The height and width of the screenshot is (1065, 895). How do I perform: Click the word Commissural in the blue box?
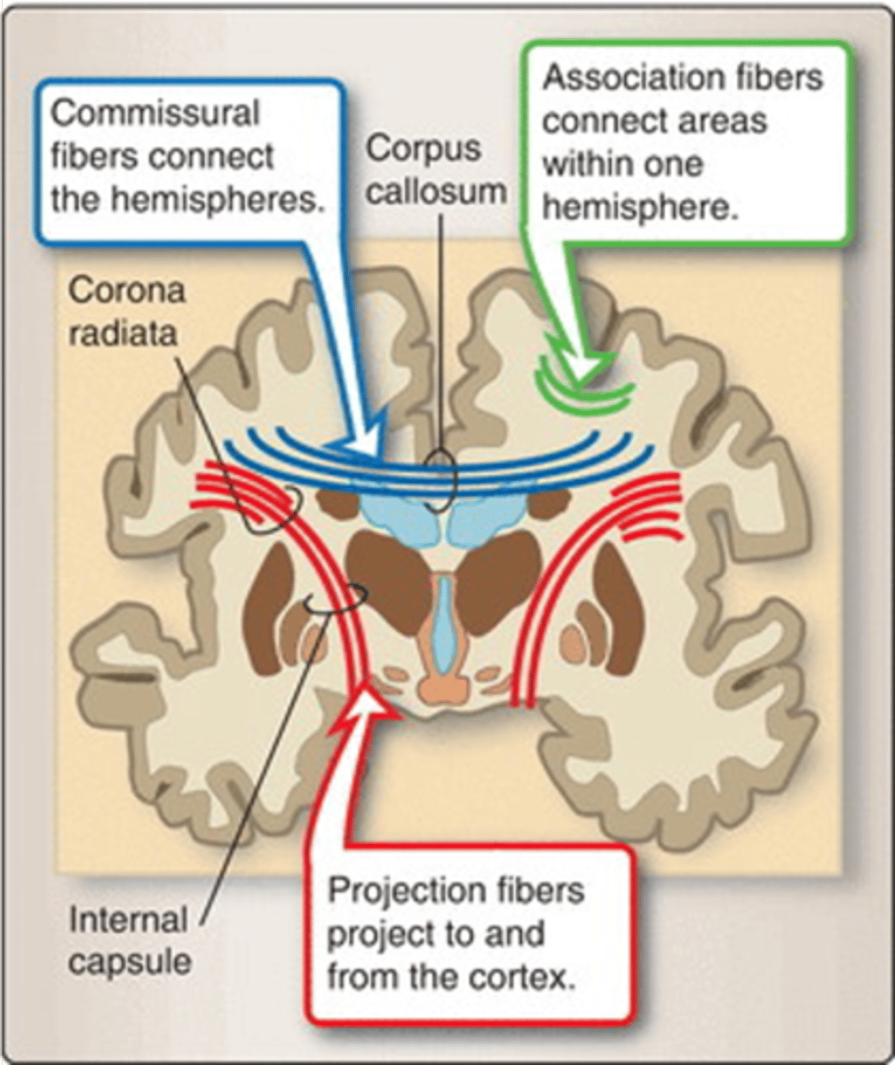[x=155, y=114]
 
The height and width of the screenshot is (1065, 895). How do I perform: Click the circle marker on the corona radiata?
[x=275, y=509]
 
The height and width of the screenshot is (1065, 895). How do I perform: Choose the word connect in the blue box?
[x=211, y=156]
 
